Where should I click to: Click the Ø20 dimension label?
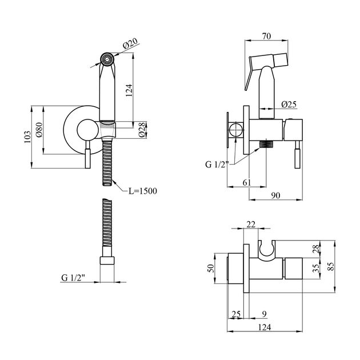[130, 43]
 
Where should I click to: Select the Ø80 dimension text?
[39, 130]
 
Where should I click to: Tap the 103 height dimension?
[27, 137]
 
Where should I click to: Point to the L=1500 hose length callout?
[143, 191]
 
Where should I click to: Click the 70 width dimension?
[266, 36]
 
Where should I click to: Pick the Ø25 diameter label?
[289, 105]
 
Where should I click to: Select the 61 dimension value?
[247, 182]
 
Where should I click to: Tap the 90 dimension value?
[275, 195]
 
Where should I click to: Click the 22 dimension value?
[251, 224]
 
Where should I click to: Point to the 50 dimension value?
[211, 268]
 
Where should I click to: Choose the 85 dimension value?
[331, 266]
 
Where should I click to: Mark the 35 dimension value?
[317, 268]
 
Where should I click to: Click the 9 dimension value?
[264, 314]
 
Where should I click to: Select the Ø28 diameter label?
[142, 130]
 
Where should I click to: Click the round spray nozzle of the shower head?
[107, 59]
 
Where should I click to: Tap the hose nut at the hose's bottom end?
[107, 261]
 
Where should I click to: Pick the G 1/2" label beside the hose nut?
[73, 278]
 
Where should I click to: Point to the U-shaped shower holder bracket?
[266, 251]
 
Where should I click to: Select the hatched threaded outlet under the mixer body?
[266, 144]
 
